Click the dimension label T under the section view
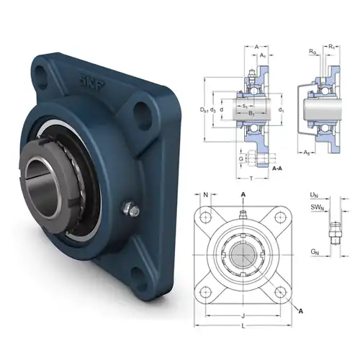click(251, 178)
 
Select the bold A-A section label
click(277, 167)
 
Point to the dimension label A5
click(306, 152)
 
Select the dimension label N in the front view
click(207, 195)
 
